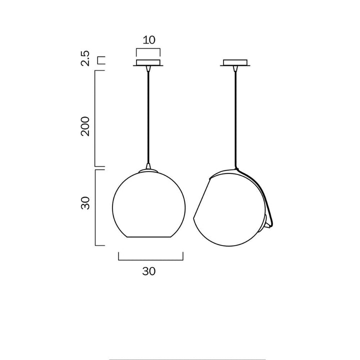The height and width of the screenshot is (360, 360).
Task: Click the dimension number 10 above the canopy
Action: [x=148, y=40]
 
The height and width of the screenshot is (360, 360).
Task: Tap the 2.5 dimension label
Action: [x=85, y=58]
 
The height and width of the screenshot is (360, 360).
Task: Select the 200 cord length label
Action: [x=85, y=126]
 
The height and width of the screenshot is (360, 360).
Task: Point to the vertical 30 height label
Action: [x=85, y=203]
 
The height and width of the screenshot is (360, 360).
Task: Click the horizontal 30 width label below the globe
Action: [x=149, y=271]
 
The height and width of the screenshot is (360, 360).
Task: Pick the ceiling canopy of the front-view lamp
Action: [x=148, y=63]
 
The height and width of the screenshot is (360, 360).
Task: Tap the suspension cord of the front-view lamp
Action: [x=148, y=115]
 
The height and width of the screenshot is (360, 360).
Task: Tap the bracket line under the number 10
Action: [x=148, y=49]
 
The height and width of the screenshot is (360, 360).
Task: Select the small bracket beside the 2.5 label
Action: [x=101, y=61]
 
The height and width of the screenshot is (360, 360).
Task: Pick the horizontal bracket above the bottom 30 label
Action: [x=150, y=259]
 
